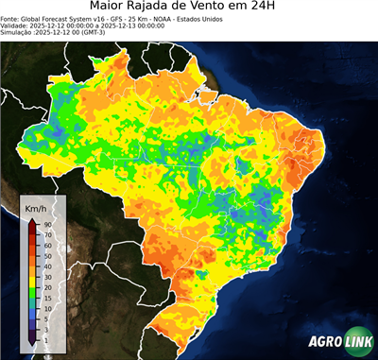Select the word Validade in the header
(16, 25)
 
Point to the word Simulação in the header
(19, 31)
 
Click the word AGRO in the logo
(324, 342)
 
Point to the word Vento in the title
(228, 7)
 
